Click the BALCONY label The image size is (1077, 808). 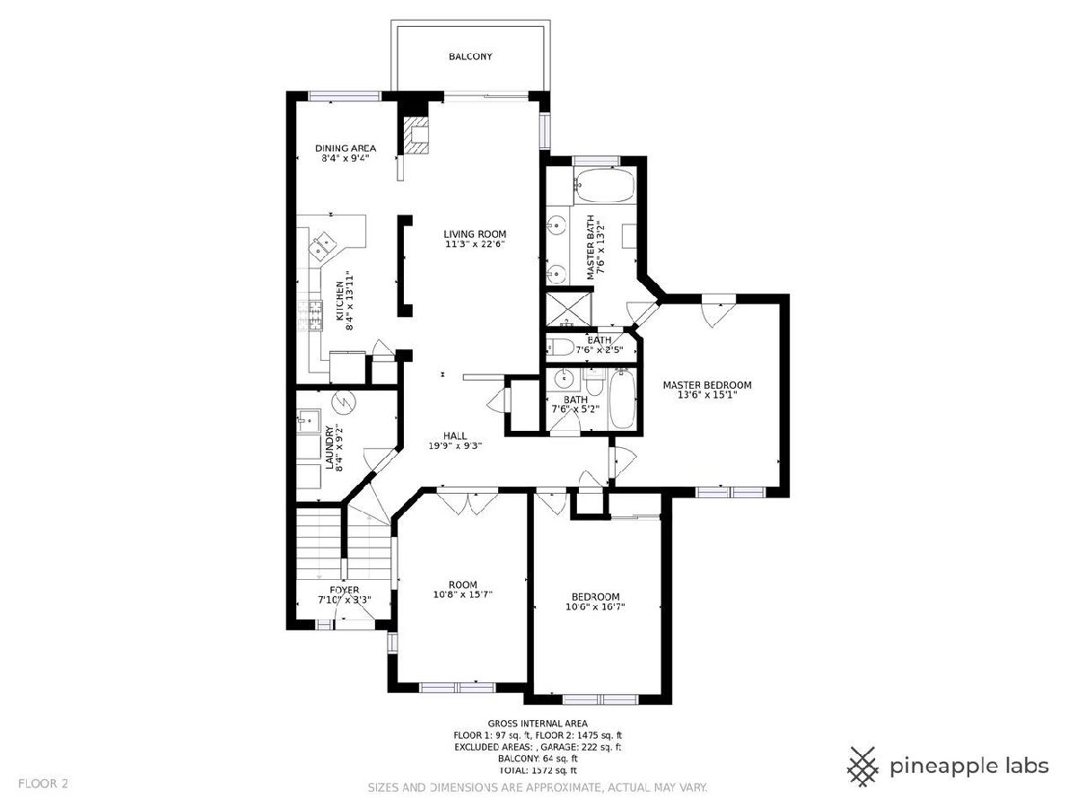(470, 57)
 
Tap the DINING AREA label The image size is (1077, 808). (346, 148)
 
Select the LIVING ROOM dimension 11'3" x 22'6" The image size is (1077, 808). (475, 244)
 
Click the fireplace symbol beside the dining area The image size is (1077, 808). (416, 136)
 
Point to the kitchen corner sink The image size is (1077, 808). (323, 245)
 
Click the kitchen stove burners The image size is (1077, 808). (311, 315)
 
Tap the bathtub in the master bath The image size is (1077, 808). (604, 185)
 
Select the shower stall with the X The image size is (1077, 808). (569, 309)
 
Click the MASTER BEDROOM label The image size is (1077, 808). (707, 385)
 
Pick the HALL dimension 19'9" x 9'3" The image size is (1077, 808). (455, 446)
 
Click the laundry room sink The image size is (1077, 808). (309, 421)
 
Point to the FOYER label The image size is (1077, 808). (345, 590)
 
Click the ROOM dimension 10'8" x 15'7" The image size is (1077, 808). (463, 594)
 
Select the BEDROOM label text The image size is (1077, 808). (596, 596)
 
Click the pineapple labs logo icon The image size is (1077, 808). (863, 780)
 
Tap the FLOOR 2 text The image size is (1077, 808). (43, 784)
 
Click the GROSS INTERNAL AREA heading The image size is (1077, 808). (538, 724)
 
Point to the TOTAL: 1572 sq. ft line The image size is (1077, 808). (538, 770)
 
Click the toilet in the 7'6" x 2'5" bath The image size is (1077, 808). (560, 347)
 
